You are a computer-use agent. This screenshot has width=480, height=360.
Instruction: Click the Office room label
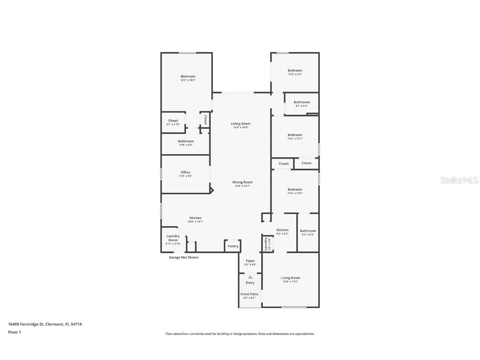tap(185, 172)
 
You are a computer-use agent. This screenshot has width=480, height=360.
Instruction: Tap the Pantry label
tap(233, 246)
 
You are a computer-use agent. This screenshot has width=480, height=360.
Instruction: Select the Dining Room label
tap(242, 182)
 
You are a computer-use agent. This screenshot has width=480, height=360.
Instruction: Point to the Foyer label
tap(250, 261)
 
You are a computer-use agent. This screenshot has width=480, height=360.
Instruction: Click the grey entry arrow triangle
tap(250, 277)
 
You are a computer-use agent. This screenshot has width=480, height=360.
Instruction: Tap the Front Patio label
tap(250, 294)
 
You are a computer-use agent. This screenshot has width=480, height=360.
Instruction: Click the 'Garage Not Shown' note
tap(183, 257)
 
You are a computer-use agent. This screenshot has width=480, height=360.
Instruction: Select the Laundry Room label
tap(173, 238)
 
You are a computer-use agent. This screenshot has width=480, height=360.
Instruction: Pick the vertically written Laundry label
tap(265, 244)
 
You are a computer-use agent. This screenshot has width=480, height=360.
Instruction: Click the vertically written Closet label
tap(205, 120)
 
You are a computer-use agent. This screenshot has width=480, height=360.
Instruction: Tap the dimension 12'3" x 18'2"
tap(188, 80)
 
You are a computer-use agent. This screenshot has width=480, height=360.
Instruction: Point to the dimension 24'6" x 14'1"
tap(195, 222)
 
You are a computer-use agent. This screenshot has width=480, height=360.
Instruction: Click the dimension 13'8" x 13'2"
tap(290, 282)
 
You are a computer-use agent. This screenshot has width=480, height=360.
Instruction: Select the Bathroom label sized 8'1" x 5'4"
tap(302, 102)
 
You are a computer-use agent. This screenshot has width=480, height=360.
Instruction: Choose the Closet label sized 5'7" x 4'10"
tap(173, 121)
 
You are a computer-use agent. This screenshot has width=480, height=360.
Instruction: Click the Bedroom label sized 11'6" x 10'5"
tap(295, 190)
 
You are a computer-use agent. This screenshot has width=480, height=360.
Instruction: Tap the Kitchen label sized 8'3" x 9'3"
tap(282, 230)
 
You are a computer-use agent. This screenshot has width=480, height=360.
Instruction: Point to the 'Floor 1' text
tap(14, 332)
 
